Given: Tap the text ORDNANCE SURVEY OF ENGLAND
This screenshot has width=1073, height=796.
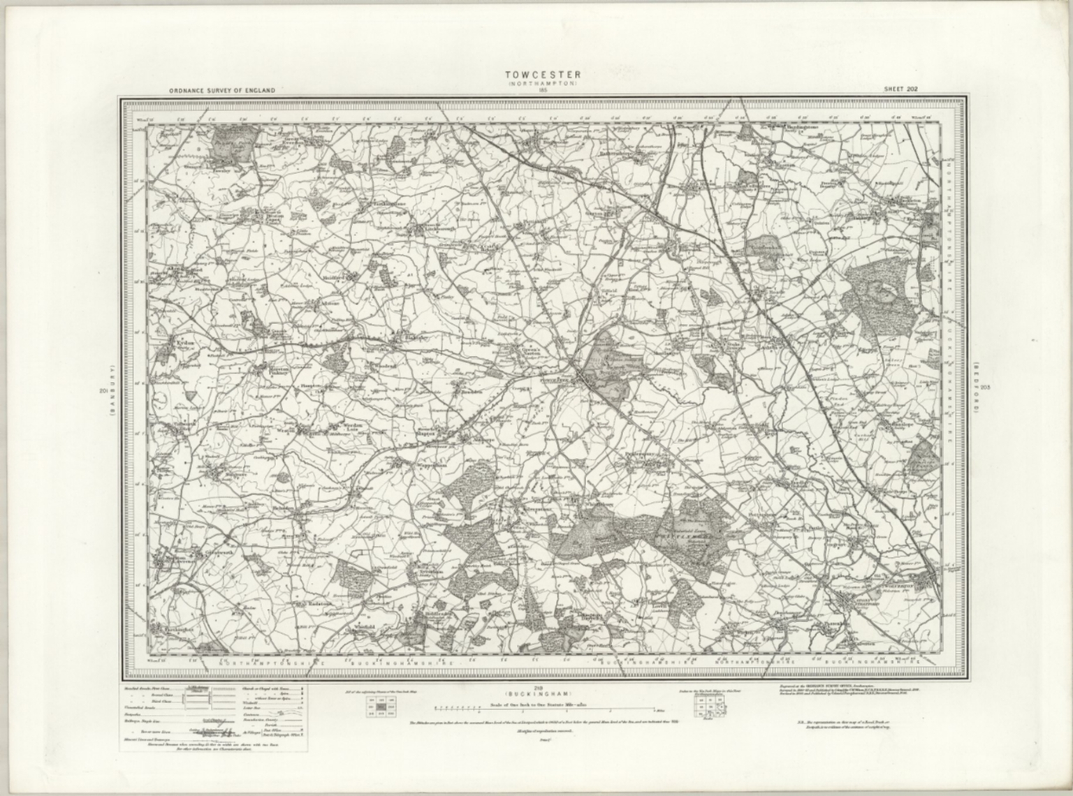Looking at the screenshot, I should tap(221, 90).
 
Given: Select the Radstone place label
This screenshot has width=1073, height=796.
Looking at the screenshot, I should tap(309, 602).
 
